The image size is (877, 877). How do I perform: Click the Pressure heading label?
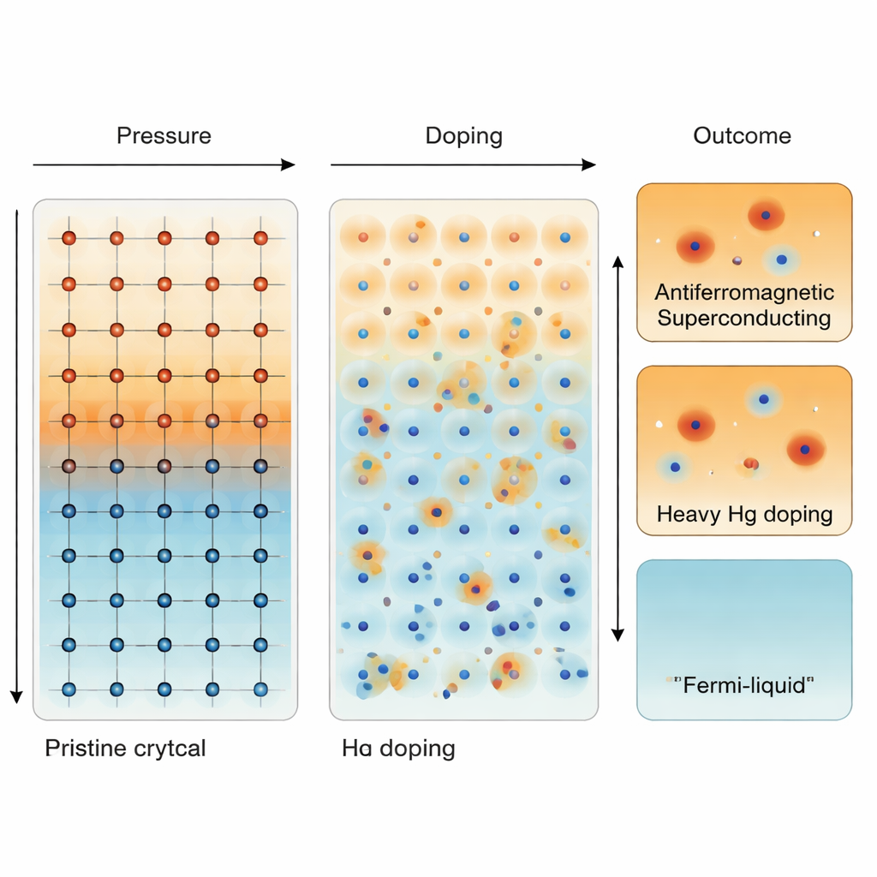pos(164,135)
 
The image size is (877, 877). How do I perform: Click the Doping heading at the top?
pos(463,135)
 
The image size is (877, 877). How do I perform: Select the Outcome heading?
pos(742,135)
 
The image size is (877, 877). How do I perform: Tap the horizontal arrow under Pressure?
pos(164,164)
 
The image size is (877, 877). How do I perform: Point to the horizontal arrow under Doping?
pos(463,164)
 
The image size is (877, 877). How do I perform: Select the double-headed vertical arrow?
pos(617,445)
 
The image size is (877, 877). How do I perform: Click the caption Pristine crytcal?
pos(125,748)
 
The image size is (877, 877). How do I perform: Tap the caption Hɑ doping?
pos(398,748)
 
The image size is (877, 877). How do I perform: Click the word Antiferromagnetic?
pos(743,292)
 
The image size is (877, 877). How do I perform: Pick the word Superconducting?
pos(743,319)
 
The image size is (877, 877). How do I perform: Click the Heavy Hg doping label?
pos(744,514)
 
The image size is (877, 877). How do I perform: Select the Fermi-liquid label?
pos(741,686)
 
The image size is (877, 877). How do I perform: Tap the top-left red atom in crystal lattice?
pos(69,237)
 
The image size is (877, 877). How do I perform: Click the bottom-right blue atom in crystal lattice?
pos(260,689)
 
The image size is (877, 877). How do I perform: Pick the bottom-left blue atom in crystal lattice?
pos(69,689)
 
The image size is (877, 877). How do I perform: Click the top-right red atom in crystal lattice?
pos(260,237)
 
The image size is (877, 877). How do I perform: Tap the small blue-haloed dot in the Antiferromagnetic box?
pos(779,258)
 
